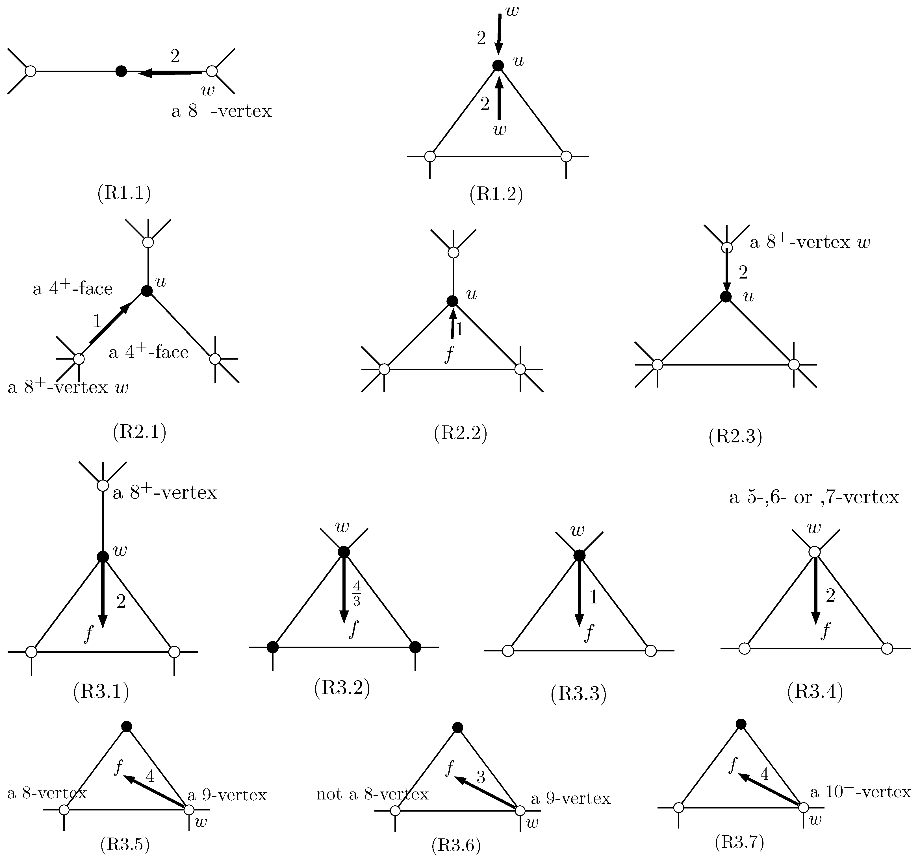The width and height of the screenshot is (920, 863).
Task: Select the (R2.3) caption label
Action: [735, 436]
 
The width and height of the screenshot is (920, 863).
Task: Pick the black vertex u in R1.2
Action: [498, 66]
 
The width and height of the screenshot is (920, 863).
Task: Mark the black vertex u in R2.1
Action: [147, 291]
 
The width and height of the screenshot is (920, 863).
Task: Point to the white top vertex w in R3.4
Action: [815, 552]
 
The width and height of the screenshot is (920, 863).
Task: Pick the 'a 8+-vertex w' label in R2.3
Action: [810, 242]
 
